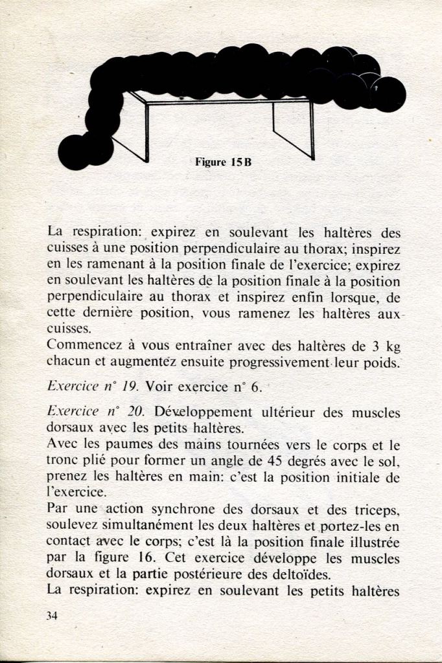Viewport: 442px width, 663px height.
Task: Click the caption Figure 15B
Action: pos(223,163)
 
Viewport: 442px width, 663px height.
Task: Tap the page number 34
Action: pos(52,616)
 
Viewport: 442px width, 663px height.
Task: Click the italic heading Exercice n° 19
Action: pos(93,387)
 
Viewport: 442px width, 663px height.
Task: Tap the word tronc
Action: pos(63,462)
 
